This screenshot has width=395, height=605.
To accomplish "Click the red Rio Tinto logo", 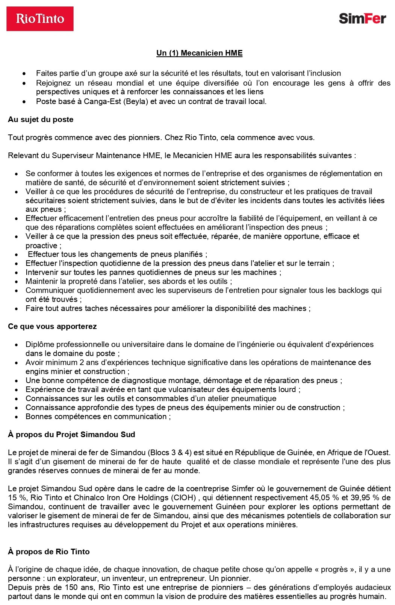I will click(40, 19).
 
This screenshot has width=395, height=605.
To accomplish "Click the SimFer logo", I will click(362, 18).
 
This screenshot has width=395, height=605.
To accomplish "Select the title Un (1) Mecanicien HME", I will click(199, 53).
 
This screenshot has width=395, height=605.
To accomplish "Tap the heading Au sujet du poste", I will click(41, 119).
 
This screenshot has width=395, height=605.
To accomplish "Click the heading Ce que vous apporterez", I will click(52, 326).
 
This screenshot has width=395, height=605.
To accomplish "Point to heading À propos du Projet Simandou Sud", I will click(71, 435).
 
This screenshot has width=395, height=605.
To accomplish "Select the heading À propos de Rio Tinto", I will click(49, 552).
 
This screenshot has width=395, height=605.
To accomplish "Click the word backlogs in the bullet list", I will click(353, 290).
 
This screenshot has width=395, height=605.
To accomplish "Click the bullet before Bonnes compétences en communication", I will click(17, 417).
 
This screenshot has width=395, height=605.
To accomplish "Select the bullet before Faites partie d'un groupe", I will click(24, 74).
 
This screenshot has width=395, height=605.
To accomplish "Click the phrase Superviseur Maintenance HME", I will click(102, 155).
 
